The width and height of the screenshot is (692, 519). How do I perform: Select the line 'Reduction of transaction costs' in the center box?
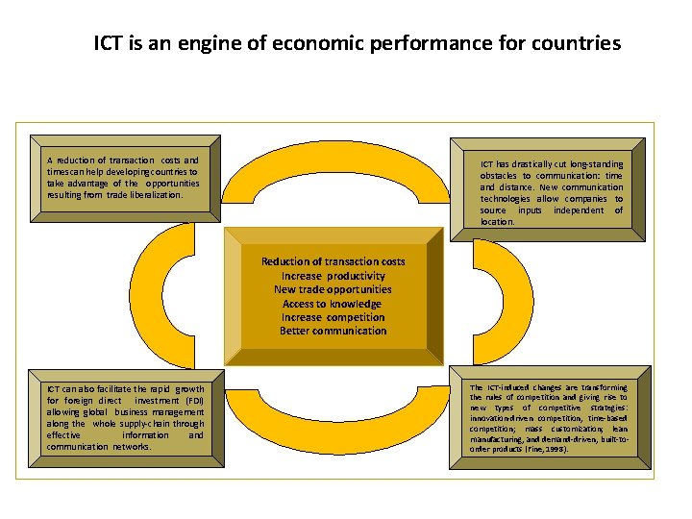coord(334,261)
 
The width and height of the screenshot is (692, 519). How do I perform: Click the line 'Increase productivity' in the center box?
coord(334,276)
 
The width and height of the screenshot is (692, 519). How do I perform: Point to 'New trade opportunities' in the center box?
coord(334,289)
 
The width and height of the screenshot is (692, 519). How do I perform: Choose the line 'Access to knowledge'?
coord(333,304)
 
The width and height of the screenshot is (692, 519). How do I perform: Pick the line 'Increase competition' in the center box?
coord(334,317)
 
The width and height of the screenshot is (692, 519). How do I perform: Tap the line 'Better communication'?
coord(334,332)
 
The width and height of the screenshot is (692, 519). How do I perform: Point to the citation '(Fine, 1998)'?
coord(543,450)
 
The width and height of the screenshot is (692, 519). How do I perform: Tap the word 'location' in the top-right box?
coord(498,222)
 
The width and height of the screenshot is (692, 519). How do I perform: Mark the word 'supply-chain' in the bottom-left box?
coord(144,424)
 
